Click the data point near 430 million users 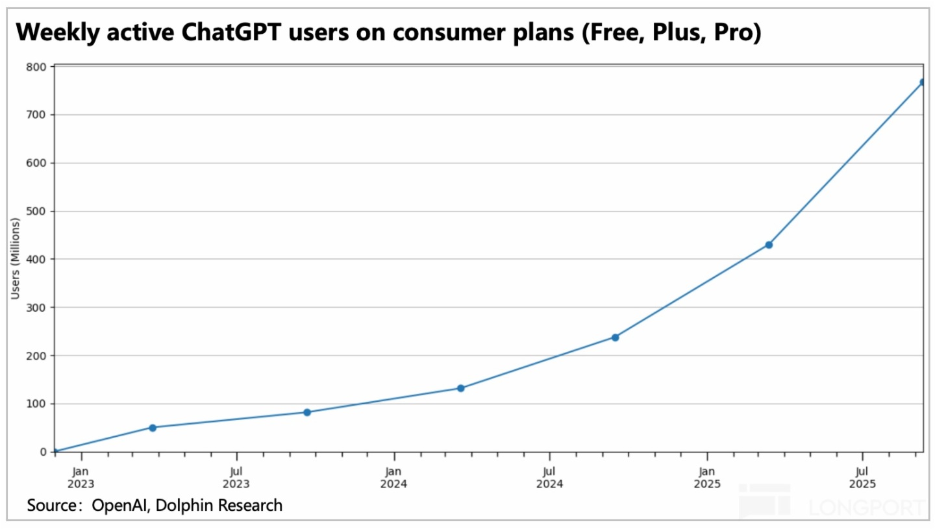769,245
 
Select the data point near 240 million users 615,337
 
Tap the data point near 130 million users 460,388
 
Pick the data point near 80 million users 307,412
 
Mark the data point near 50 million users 153,428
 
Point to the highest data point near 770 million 923,82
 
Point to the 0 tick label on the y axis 43,452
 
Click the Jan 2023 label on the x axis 81,477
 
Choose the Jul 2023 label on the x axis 236,477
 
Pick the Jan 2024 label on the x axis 393,477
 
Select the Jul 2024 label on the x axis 549,477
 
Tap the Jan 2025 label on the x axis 707,477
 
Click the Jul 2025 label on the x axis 862,477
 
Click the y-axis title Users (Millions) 16,259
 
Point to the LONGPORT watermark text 864,507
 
